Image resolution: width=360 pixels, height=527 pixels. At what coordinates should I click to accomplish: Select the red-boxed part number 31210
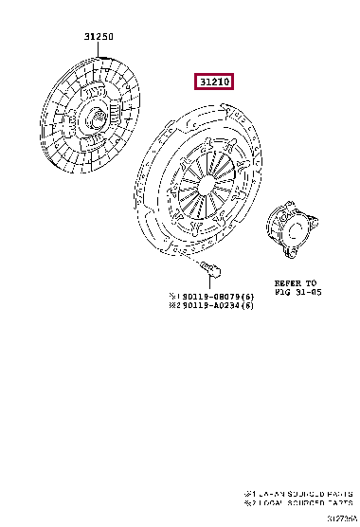(214, 82)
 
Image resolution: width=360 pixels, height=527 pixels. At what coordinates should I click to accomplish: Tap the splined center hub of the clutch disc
(99, 121)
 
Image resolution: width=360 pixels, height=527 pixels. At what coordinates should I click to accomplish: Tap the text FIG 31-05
(298, 293)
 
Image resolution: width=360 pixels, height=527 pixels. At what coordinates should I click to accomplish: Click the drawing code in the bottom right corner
(342, 519)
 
